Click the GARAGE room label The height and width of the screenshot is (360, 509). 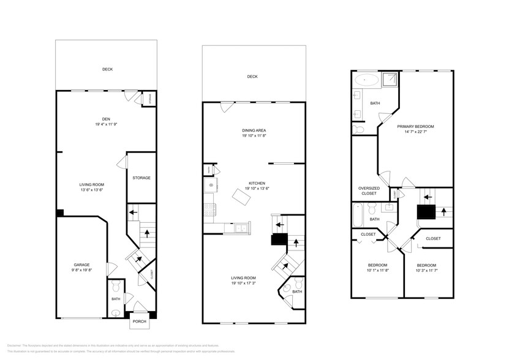pos(82,265)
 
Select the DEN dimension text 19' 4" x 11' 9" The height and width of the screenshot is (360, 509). pos(107,125)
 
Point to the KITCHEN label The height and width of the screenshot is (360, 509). pos(256,182)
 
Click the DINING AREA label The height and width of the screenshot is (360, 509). pos(254,130)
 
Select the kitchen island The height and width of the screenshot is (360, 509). pos(239,196)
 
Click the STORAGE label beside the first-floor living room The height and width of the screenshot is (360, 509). pos(141,178)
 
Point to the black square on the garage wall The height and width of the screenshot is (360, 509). pos(59,212)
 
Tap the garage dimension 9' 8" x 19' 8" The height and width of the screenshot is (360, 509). pos(82,271)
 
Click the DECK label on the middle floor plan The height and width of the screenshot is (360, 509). pos(252,77)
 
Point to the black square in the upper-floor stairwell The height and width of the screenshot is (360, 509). pos(426,212)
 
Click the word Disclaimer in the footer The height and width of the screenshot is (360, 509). pos(15,346)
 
